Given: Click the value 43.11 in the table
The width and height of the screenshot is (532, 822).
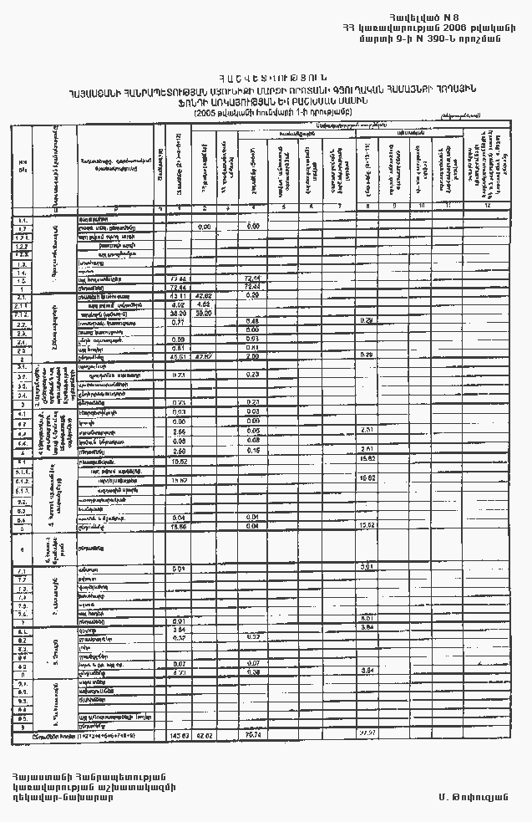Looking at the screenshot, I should coord(177,296).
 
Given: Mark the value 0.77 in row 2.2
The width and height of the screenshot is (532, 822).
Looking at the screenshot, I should coord(177,322).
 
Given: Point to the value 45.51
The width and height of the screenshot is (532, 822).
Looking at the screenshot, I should coord(177,355).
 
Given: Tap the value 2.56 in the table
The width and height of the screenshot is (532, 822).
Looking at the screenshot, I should coord(177,431).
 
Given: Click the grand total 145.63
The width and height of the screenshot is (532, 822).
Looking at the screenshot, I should coord(178,735).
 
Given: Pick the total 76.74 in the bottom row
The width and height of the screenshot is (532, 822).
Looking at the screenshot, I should coord(253,735).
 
